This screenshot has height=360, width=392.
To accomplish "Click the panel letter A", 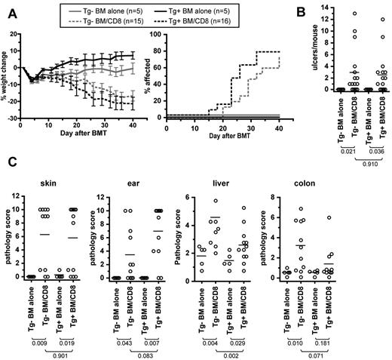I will (6, 7).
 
